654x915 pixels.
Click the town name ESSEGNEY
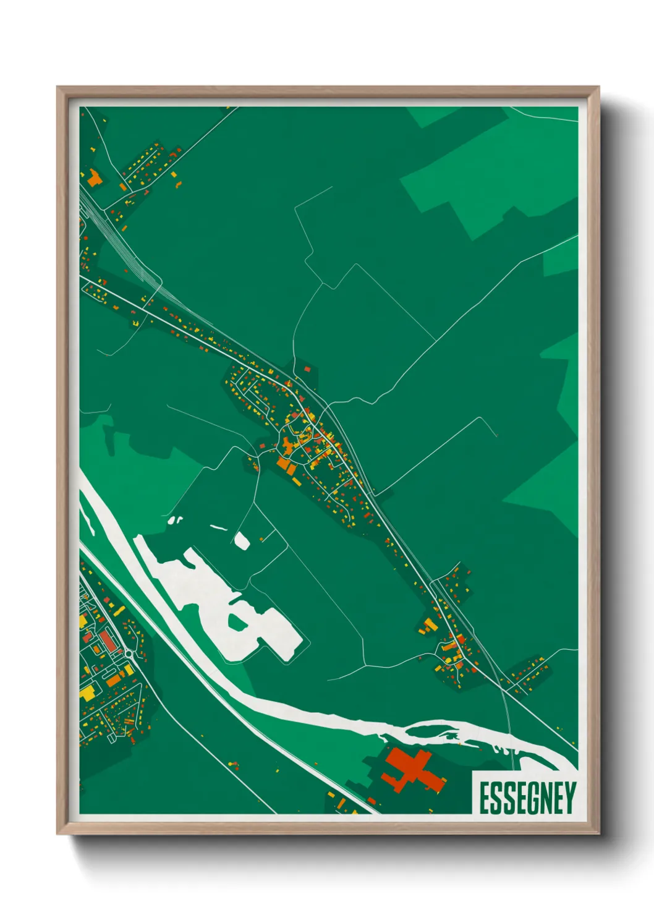(x=527, y=798)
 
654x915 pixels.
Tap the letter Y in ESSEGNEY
(x=569, y=798)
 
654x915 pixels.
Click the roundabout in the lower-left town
(x=129, y=653)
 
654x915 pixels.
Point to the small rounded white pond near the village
(x=241, y=541)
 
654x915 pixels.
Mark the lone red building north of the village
(x=307, y=369)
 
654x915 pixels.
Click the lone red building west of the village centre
(x=262, y=445)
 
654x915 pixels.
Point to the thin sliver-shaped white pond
(x=219, y=528)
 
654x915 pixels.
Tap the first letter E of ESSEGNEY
(x=484, y=798)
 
